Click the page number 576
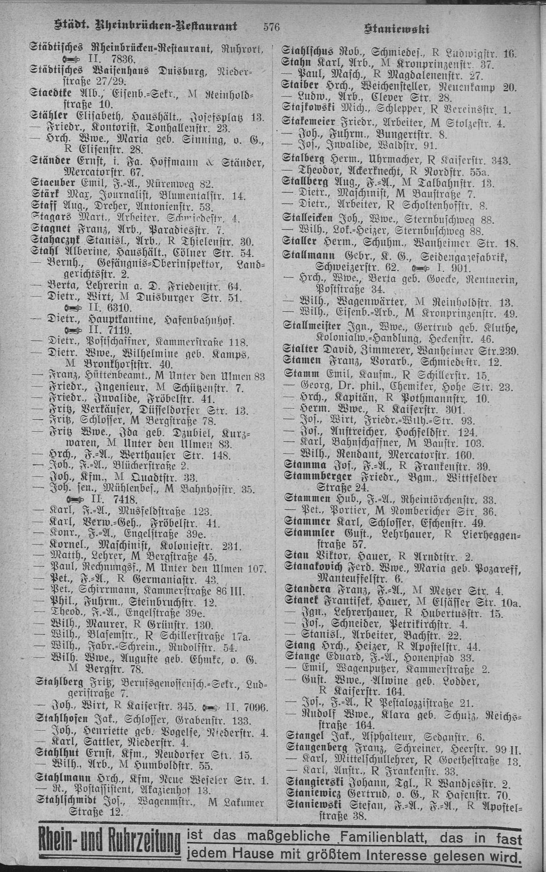[273, 27]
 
